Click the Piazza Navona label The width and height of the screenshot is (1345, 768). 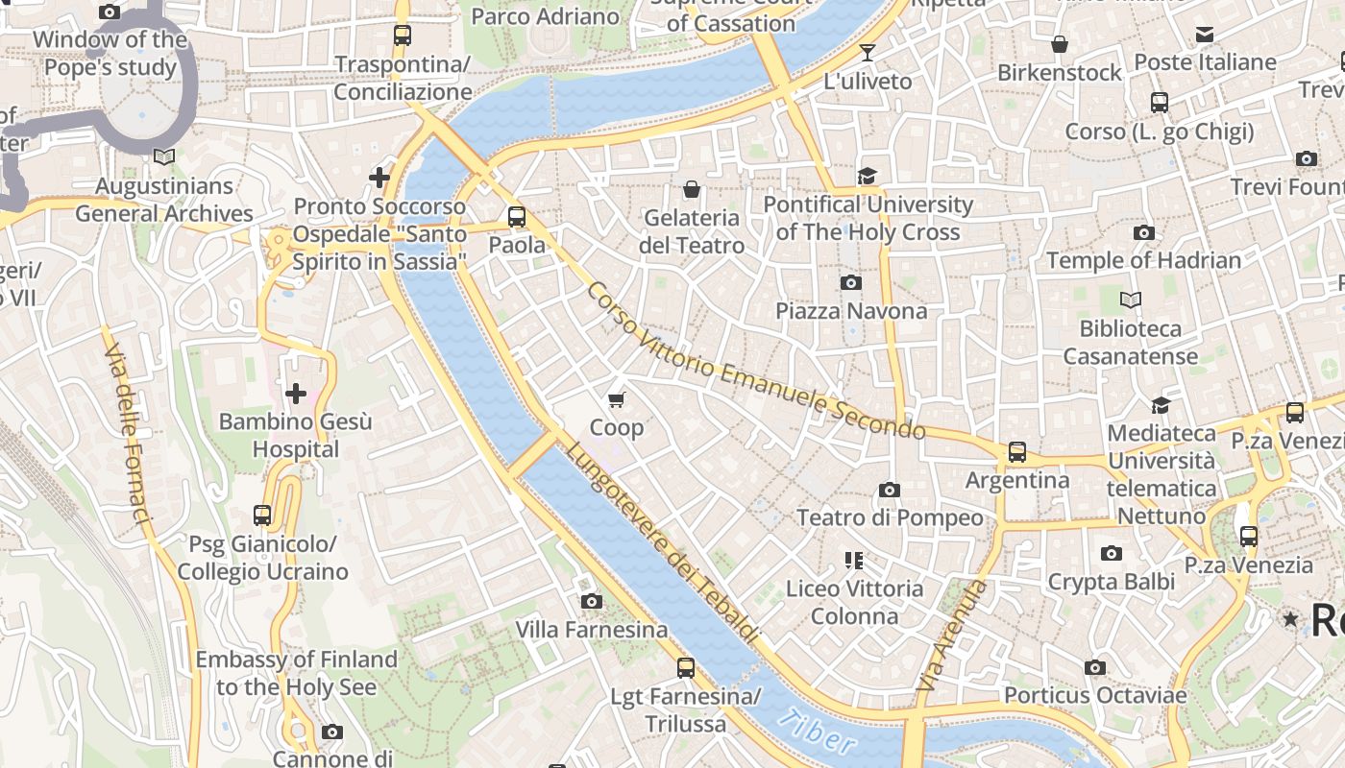851,311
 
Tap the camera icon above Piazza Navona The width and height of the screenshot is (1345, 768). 850,282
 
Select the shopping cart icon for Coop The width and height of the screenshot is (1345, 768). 617,398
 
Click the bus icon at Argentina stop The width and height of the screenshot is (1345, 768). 1017,451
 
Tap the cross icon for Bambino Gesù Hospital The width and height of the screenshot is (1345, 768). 296,393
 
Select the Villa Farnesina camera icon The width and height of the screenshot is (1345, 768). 592,601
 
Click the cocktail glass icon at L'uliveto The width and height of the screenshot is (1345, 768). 868,53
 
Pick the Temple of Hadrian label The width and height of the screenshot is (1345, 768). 1143,260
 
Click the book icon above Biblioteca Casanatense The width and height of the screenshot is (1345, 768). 1131,300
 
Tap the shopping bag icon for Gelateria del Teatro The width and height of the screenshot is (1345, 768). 691,189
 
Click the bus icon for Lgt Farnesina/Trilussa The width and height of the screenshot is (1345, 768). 686,667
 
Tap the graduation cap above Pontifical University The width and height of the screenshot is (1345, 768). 868,176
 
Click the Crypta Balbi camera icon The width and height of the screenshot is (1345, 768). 1112,553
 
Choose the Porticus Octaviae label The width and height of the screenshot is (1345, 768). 1095,695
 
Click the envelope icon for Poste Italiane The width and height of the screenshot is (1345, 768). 1205,36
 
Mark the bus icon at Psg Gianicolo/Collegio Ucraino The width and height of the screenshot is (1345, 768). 262,516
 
